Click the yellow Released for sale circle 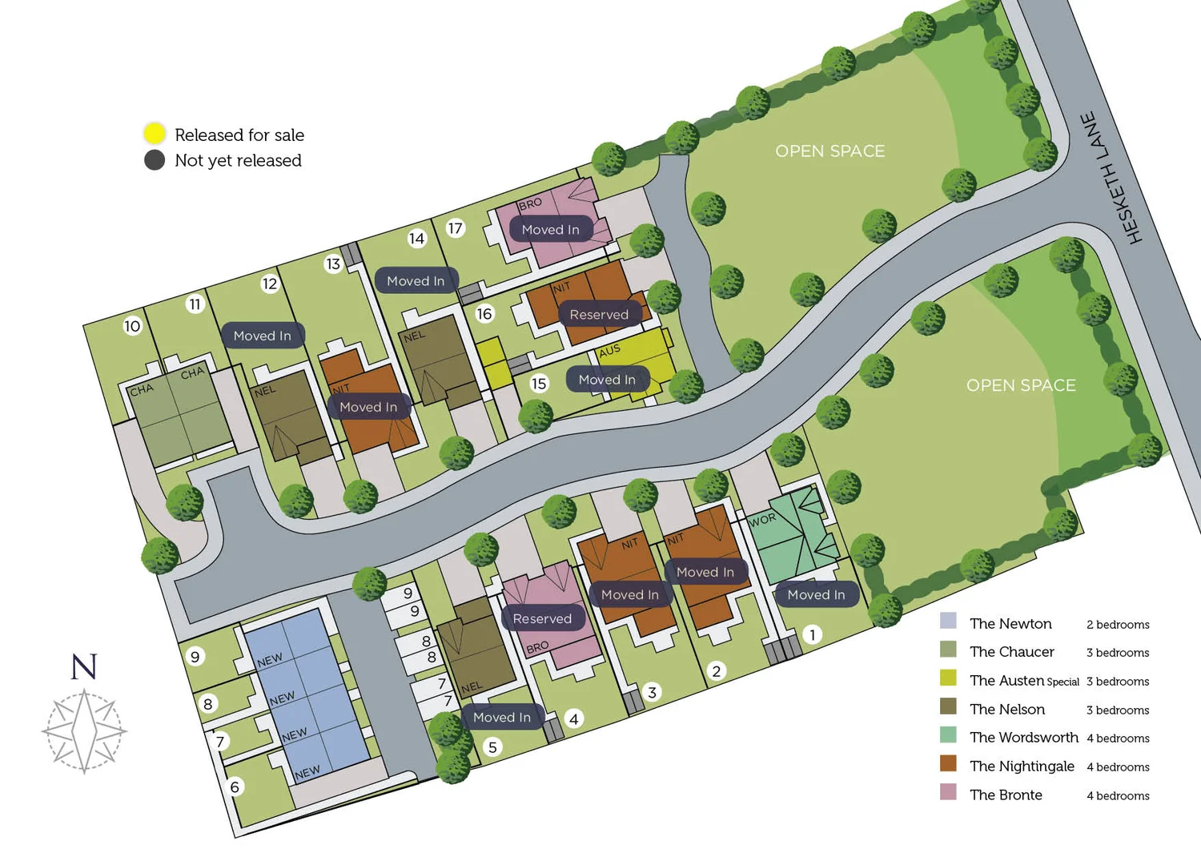point(155,134)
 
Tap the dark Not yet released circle point(155,160)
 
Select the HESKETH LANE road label point(1112,178)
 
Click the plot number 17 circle point(455,228)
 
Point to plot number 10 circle point(132,326)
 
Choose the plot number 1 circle point(812,634)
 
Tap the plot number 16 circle point(484,314)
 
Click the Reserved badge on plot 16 point(599,315)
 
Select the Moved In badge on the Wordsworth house point(816,594)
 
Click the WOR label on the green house point(762,519)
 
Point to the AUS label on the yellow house point(609,350)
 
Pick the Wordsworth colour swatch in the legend point(948,735)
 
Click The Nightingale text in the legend point(1022,767)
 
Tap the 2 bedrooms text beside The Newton point(1118,625)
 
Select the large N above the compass point(84,666)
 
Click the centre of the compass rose point(84,730)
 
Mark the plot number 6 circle point(235,787)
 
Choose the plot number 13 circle point(333,264)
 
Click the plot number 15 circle point(539,384)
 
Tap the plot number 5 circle point(492,747)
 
